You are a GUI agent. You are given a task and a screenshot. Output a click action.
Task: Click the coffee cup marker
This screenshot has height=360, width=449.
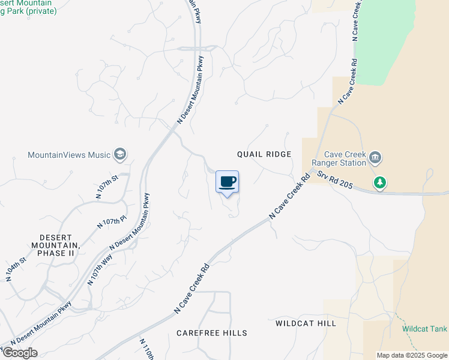click(x=227, y=182)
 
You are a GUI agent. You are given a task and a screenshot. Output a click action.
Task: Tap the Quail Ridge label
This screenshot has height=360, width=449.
click(x=264, y=154)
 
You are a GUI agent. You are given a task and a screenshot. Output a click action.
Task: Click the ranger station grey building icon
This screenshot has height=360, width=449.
click(x=376, y=158)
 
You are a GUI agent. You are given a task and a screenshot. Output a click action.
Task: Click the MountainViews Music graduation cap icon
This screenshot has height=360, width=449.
click(x=120, y=155)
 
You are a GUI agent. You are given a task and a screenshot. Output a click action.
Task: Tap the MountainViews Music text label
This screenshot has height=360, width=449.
click(x=69, y=155)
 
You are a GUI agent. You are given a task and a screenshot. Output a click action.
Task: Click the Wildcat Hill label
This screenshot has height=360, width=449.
click(x=306, y=323)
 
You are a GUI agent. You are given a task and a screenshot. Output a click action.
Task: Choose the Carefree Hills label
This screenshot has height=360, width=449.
click(x=211, y=333)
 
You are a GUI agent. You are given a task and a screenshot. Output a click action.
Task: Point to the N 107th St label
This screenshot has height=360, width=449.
click(x=108, y=187)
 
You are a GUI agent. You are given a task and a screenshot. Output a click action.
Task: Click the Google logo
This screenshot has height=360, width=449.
click(x=20, y=353)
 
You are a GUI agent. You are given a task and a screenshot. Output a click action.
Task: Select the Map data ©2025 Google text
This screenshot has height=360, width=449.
click(x=412, y=355)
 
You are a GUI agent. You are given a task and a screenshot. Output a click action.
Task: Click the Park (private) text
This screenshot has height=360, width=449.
click(x=28, y=11)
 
